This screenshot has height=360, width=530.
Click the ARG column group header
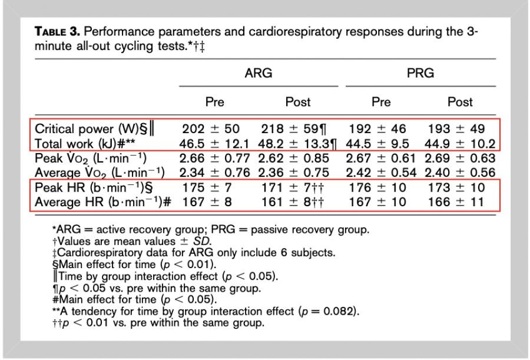pos(259,73)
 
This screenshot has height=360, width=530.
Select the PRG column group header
pos(420,73)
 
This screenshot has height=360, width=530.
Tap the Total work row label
pos(90,143)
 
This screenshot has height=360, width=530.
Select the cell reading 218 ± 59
pos(293,129)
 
